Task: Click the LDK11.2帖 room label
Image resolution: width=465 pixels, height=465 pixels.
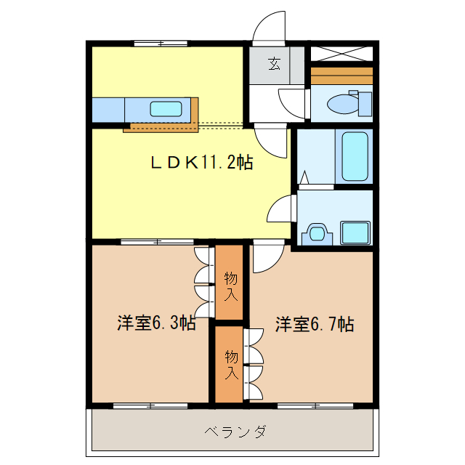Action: tap(201, 163)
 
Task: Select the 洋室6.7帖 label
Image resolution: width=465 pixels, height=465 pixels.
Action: tap(314, 323)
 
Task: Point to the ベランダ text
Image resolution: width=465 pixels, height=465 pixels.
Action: tap(235, 432)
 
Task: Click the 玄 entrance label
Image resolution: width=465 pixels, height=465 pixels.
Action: tap(275, 65)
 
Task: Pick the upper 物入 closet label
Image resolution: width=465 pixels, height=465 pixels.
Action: tap(230, 286)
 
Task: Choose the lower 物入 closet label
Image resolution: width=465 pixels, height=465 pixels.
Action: tap(230, 365)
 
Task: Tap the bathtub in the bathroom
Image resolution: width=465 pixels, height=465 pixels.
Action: tap(355, 155)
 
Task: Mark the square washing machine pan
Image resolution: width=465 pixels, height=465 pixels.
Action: tap(355, 233)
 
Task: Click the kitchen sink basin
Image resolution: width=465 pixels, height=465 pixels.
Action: tap(166, 109)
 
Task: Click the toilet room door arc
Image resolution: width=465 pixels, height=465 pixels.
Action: tap(293, 102)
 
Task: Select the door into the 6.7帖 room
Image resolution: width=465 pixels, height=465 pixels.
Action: tap(266, 258)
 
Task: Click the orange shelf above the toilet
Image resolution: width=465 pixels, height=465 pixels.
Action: tap(341, 76)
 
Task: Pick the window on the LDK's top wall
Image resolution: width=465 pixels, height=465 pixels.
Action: tap(159, 44)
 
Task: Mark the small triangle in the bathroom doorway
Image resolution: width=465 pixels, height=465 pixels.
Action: tap(304, 177)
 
